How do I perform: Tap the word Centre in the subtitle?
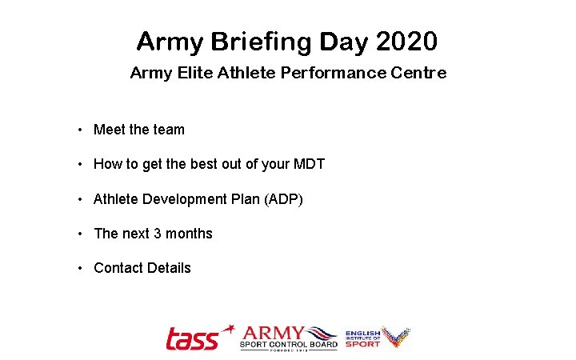tap(418, 74)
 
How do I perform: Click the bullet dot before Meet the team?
tap(80, 130)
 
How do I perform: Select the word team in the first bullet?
tap(169, 130)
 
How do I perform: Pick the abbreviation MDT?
tap(309, 164)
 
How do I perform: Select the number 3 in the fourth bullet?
tap(158, 234)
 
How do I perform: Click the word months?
tap(189, 234)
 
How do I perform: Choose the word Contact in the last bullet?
tap(117, 268)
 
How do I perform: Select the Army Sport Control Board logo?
tap(289, 337)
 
